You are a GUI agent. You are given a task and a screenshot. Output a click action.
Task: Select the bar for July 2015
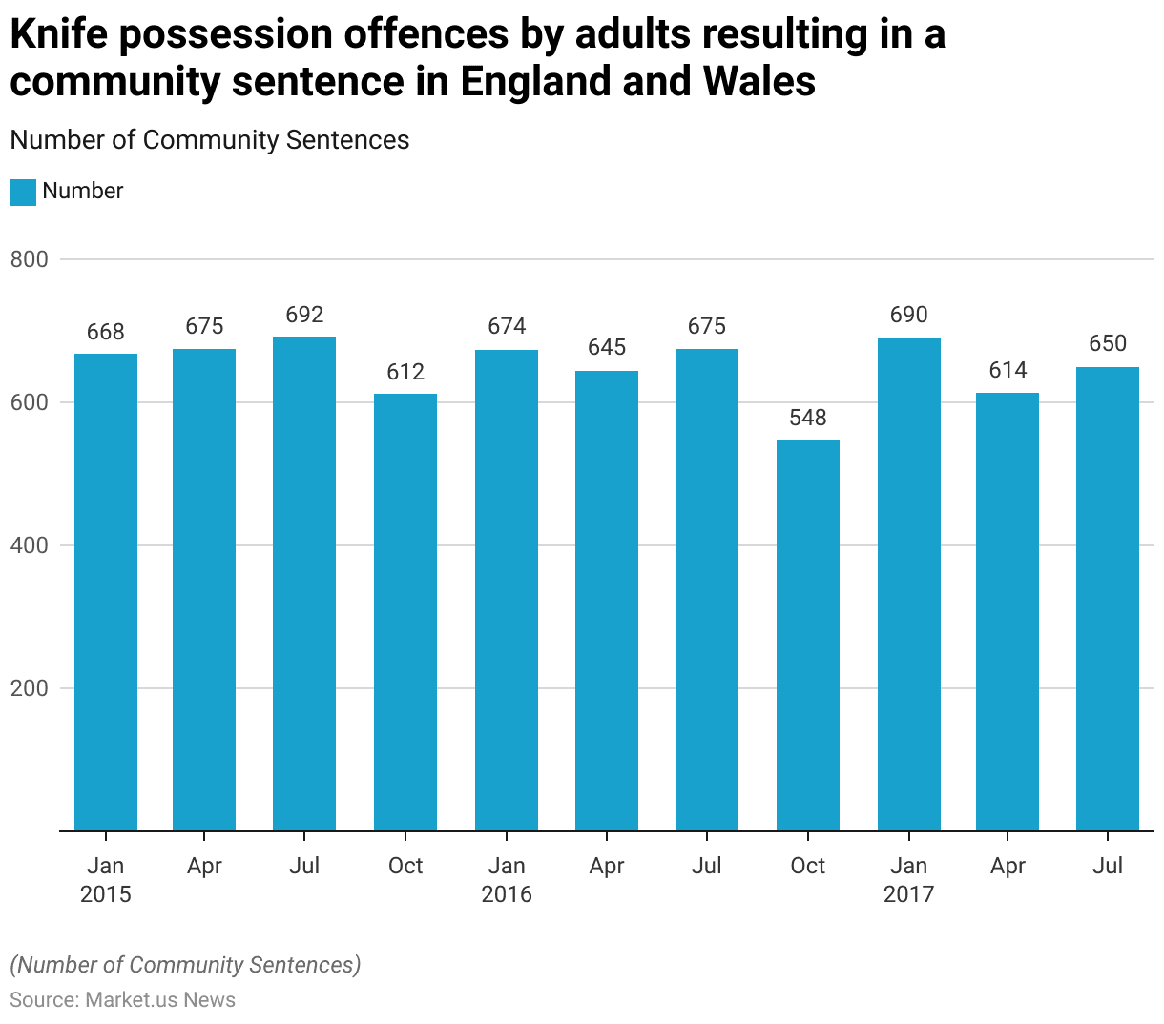click(304, 584)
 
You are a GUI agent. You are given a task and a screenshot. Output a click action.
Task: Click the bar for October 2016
click(808, 635)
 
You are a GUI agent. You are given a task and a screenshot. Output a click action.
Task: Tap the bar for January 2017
click(908, 584)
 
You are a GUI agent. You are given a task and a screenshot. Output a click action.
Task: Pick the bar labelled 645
click(607, 601)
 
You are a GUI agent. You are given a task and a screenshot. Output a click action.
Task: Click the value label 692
click(304, 315)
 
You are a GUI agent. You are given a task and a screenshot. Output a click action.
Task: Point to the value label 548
click(808, 418)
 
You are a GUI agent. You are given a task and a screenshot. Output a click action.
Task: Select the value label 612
click(405, 372)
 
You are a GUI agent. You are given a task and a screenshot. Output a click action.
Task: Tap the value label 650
click(1108, 343)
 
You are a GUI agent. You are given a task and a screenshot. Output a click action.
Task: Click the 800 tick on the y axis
click(29, 259)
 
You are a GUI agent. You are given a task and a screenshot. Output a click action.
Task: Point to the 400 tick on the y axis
click(29, 545)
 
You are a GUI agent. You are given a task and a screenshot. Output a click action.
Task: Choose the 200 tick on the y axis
click(29, 688)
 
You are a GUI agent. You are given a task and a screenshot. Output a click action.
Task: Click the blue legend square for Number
click(23, 192)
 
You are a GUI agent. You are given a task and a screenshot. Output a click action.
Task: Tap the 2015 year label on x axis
click(105, 894)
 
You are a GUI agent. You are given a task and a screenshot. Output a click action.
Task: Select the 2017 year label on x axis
click(908, 894)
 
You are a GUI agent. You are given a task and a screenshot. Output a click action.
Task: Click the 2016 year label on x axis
click(507, 894)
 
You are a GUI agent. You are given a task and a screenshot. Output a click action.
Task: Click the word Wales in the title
click(759, 82)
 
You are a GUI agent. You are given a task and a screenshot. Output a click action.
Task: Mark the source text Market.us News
click(160, 1000)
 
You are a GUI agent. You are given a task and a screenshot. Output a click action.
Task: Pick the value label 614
click(1008, 370)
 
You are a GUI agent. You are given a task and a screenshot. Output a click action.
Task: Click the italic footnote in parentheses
click(185, 965)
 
